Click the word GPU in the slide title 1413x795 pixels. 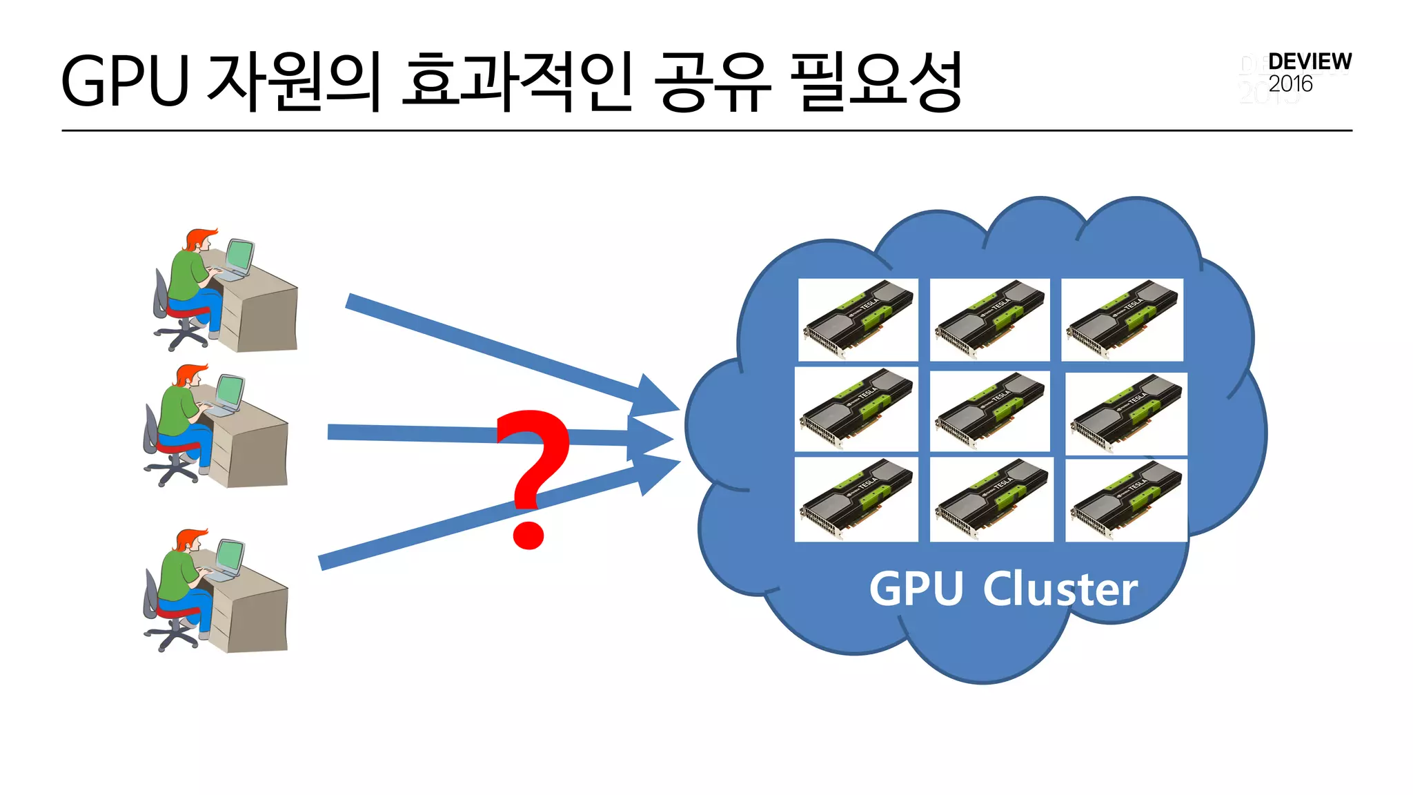(x=125, y=81)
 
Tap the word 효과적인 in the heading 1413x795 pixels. (x=517, y=81)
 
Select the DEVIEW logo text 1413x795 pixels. (x=1310, y=61)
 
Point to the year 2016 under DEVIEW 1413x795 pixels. (x=1290, y=84)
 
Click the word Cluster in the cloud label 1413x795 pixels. (x=1060, y=589)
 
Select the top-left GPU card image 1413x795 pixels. (x=858, y=320)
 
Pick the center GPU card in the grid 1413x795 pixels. (x=989, y=411)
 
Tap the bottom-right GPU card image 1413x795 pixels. (x=1126, y=500)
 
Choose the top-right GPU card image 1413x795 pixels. (x=1122, y=320)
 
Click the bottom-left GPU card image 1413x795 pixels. (x=856, y=499)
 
